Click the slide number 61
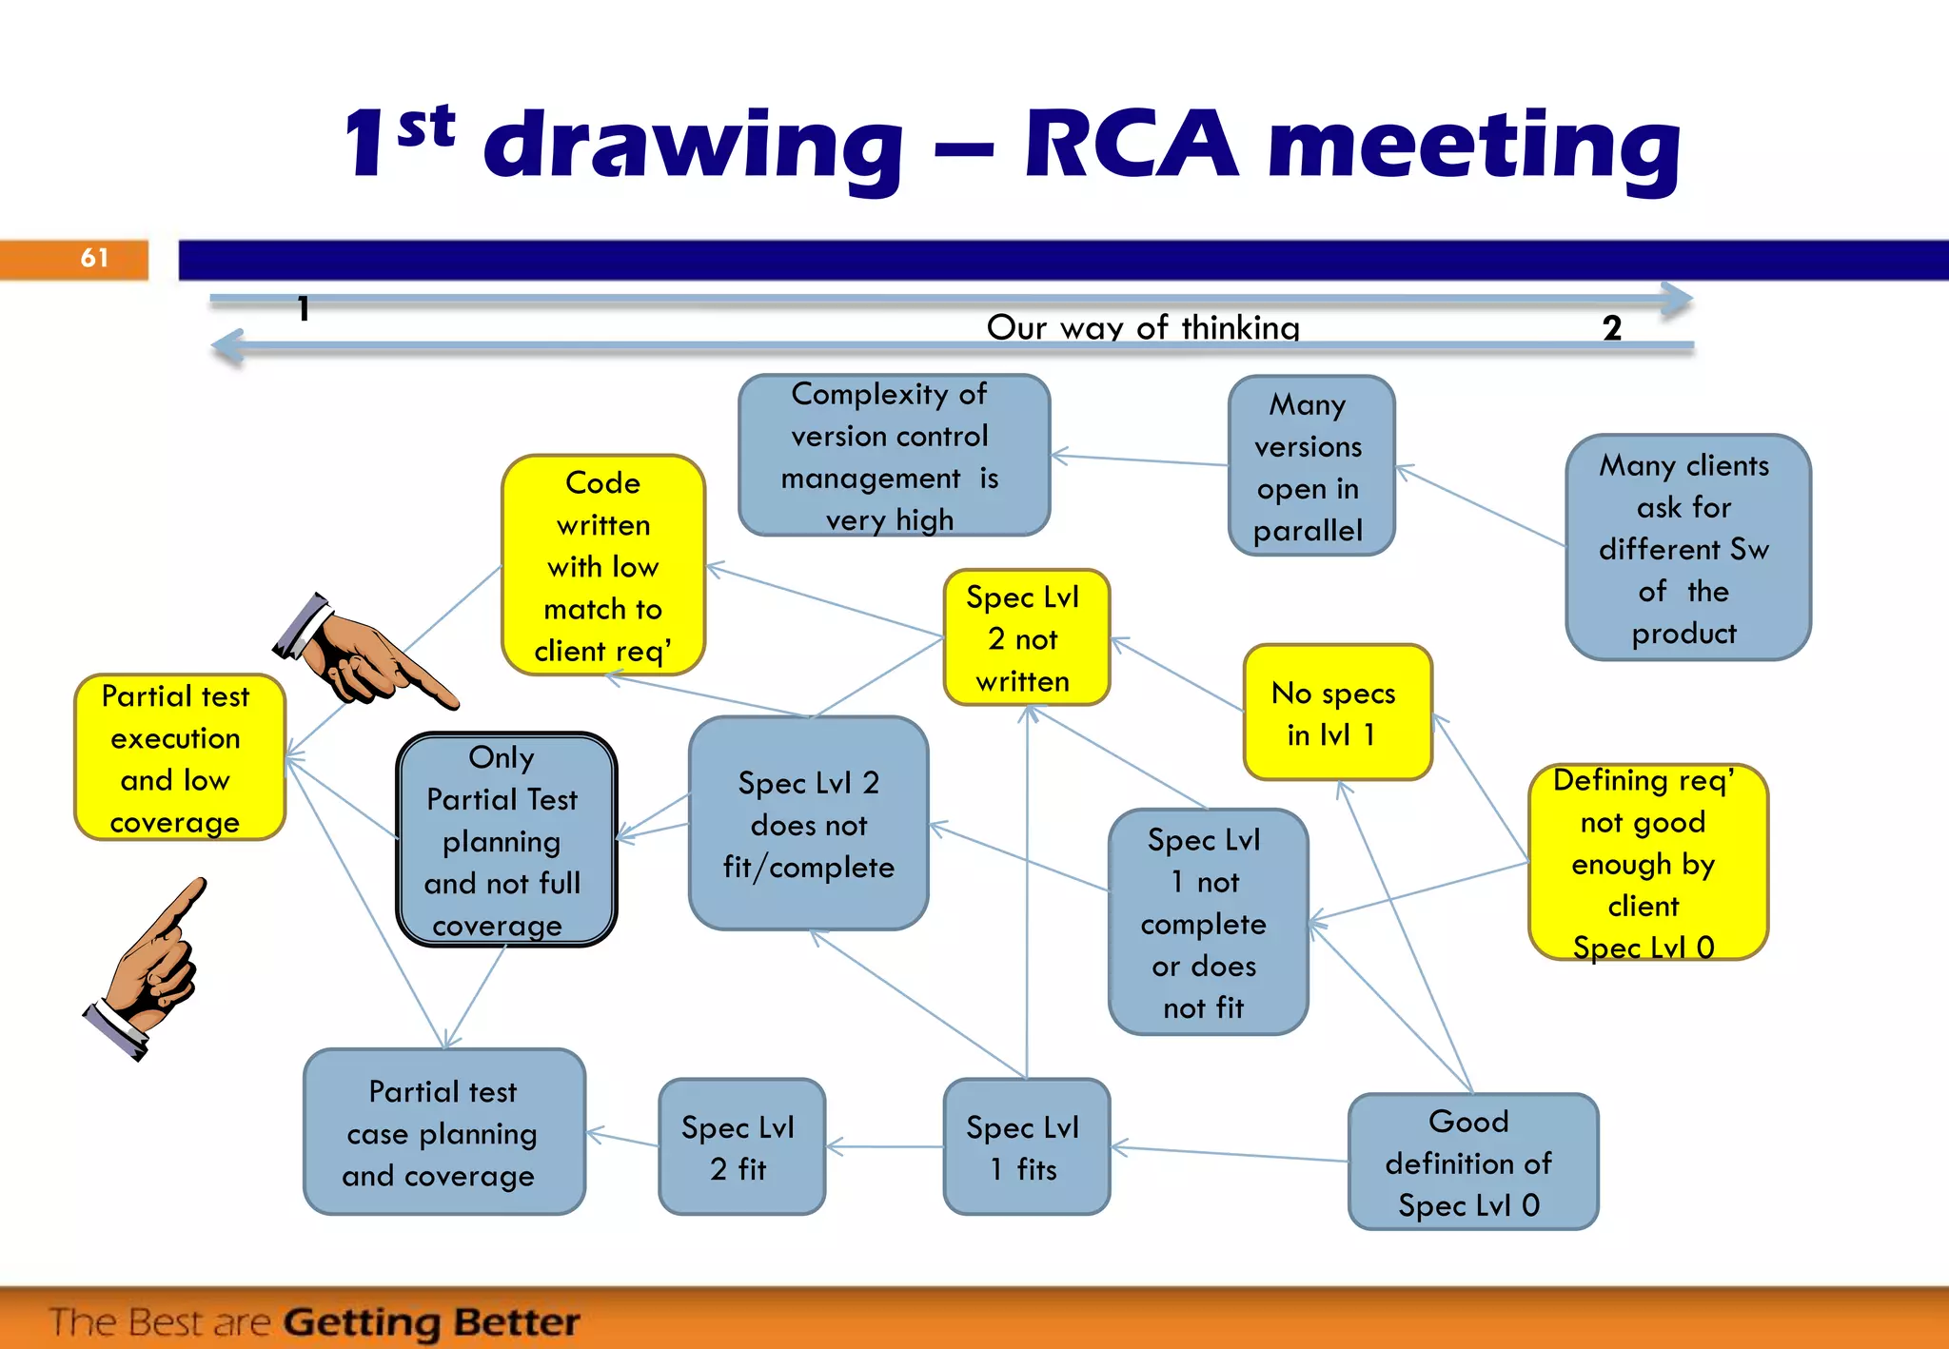point(93,258)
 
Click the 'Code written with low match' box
point(603,566)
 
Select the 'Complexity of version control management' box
point(894,456)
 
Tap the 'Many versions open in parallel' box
point(1310,466)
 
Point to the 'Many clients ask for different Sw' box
point(1686,548)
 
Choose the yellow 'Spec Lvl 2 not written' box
point(1025,638)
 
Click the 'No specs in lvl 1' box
point(1335,713)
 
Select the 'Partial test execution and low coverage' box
point(178,758)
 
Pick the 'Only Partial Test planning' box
point(505,840)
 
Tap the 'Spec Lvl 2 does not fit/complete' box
point(808,824)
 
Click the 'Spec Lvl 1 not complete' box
point(1207,922)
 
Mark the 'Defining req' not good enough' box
point(1646,863)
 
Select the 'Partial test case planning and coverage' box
point(443,1132)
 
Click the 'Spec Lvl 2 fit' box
point(740,1147)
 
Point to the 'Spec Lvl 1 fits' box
point(1025,1147)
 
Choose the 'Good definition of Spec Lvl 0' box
point(1471,1163)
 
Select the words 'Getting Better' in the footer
point(431,1322)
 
